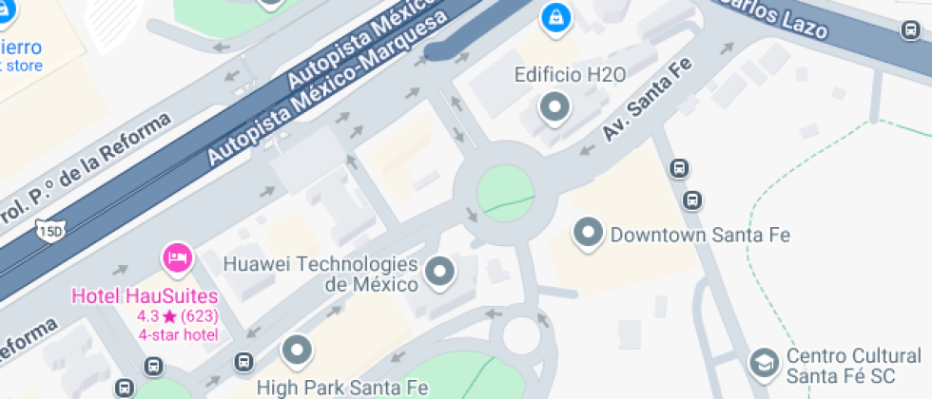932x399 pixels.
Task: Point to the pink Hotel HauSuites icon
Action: tap(178, 256)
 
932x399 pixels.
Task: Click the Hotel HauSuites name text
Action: tap(145, 295)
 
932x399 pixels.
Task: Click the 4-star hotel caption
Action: tap(178, 334)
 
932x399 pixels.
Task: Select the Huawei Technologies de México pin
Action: tap(439, 272)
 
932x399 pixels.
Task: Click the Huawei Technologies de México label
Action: tap(320, 274)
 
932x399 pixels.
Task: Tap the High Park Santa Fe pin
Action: tap(299, 351)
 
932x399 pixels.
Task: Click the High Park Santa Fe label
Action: tap(332, 388)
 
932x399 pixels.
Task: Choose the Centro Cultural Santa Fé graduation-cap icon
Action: tap(763, 362)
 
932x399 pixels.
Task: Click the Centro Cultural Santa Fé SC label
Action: tap(853, 367)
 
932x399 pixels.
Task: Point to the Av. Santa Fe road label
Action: tap(648, 101)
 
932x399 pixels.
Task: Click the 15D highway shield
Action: tap(49, 229)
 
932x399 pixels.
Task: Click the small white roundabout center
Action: tap(521, 334)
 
